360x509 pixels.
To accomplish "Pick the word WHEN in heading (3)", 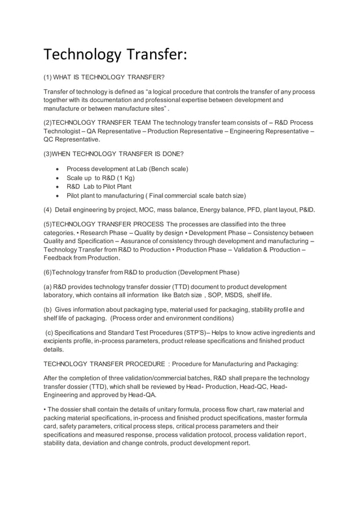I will (63, 153).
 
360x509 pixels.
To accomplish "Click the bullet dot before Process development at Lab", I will (59, 169).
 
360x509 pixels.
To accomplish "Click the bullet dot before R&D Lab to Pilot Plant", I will (59, 187).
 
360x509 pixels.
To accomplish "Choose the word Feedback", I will (60, 258).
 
